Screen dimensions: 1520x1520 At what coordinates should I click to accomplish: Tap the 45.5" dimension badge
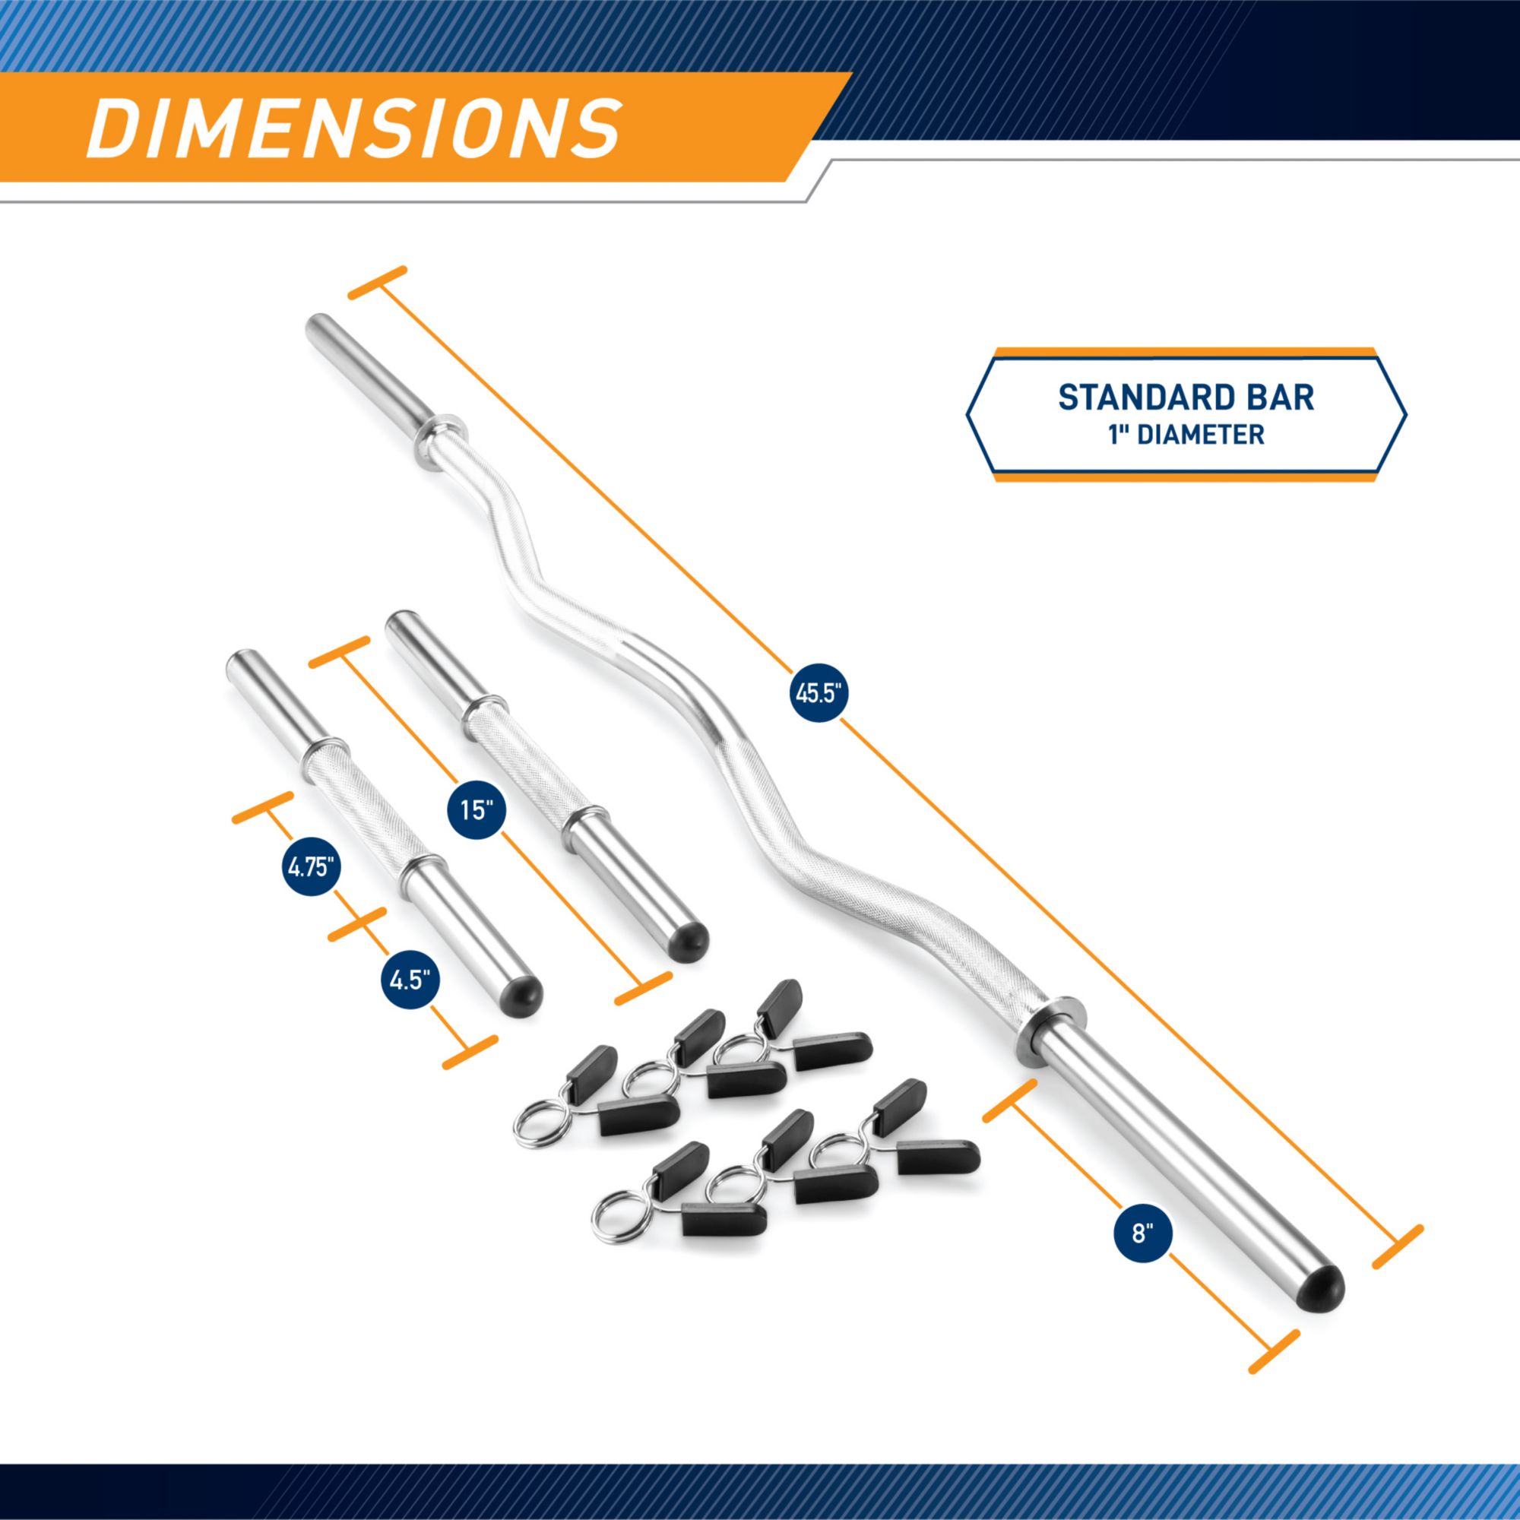pyautogui.click(x=819, y=694)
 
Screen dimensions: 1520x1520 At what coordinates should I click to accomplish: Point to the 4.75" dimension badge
pyautogui.click(x=312, y=869)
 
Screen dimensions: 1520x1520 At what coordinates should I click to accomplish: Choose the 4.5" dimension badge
pyautogui.click(x=409, y=981)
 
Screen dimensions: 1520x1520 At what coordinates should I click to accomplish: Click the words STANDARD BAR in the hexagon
pyautogui.click(x=1186, y=398)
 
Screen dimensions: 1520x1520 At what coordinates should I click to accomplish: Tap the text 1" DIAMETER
pyautogui.click(x=1186, y=434)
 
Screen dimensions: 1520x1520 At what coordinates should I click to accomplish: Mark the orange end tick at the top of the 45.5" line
pyautogui.click(x=378, y=283)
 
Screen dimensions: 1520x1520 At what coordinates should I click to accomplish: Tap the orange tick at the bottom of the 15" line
pyautogui.click(x=644, y=988)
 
